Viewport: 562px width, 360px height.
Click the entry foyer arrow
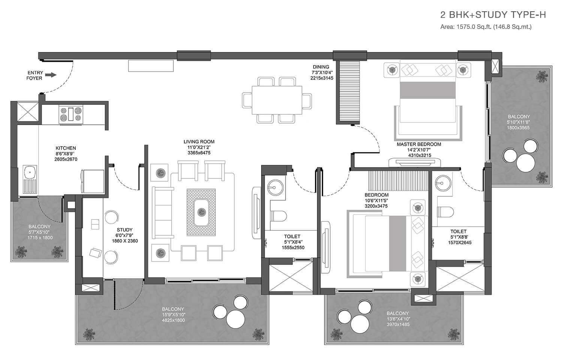click(52, 75)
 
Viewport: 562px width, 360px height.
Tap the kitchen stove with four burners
click(71, 114)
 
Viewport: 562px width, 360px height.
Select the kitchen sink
click(30, 179)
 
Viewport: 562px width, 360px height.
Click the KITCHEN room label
click(66, 148)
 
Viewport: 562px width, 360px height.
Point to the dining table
click(277, 100)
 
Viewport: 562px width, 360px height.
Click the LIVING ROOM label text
click(199, 142)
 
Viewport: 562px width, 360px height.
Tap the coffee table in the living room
click(201, 212)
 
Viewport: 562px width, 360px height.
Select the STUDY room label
click(125, 230)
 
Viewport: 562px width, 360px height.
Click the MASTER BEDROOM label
click(419, 144)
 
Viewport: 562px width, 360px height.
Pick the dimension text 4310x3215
click(420, 155)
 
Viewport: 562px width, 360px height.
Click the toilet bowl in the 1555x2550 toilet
click(278, 215)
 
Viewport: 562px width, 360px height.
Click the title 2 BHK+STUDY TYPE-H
click(493, 15)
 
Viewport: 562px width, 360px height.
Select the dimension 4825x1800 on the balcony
click(173, 320)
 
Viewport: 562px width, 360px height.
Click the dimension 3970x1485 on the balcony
click(398, 324)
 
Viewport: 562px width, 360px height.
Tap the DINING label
click(321, 67)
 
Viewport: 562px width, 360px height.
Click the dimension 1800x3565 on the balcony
click(518, 128)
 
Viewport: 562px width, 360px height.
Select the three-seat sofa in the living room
click(163, 213)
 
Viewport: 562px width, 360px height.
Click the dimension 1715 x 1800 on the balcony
click(40, 238)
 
